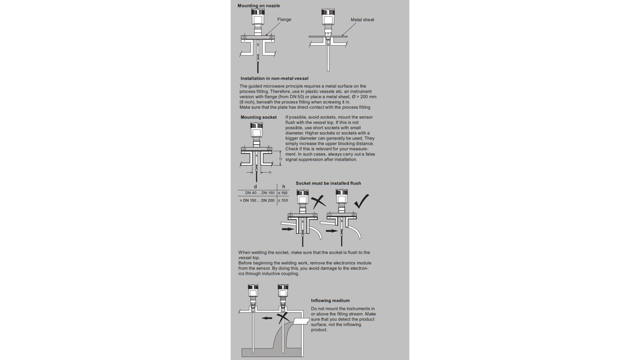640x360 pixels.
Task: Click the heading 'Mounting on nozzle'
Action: click(x=258, y=6)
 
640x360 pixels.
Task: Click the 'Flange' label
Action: click(x=284, y=19)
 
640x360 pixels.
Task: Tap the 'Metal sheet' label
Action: click(x=362, y=20)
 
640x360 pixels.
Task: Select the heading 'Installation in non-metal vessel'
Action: click(x=274, y=78)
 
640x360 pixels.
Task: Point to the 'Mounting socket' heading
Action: click(x=258, y=117)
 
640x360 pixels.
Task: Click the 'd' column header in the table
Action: click(x=256, y=186)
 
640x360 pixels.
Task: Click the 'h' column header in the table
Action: click(x=283, y=186)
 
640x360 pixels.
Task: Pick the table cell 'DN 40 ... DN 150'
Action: click(x=259, y=193)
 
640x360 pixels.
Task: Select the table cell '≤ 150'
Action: click(x=283, y=193)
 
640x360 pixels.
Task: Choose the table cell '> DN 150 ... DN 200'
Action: click(x=257, y=201)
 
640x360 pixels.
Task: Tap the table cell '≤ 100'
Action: click(x=283, y=201)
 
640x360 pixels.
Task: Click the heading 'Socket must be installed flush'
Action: click(x=328, y=183)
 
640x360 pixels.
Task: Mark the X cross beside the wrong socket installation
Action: click(x=318, y=202)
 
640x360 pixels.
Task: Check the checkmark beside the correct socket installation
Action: click(x=362, y=201)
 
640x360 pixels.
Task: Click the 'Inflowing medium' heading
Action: click(x=330, y=301)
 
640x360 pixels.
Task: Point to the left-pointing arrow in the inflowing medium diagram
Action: click(x=267, y=318)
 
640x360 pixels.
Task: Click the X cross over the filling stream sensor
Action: click(x=283, y=317)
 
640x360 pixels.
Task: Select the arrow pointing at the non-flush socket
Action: click(x=287, y=229)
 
